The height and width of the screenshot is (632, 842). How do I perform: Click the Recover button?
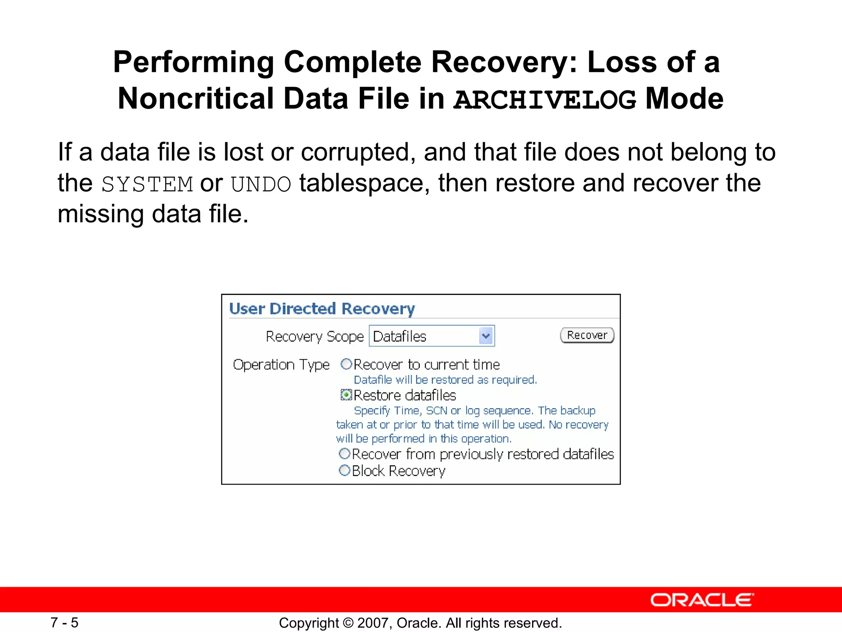(x=587, y=335)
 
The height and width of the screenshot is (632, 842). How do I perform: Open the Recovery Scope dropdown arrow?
(x=486, y=336)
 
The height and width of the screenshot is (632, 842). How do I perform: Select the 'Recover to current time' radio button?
(x=346, y=364)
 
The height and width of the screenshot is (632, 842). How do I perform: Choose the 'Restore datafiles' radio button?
(x=347, y=395)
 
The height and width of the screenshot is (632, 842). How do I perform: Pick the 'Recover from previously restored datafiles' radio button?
(x=345, y=454)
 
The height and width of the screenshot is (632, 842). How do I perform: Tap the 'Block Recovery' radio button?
(x=345, y=470)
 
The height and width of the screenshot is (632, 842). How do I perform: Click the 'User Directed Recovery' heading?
(x=322, y=309)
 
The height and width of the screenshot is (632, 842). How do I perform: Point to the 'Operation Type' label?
(x=281, y=365)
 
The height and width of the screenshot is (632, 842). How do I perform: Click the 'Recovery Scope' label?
(x=315, y=337)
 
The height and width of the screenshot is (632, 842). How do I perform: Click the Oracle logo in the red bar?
(x=702, y=600)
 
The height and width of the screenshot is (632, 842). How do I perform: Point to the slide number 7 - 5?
(x=65, y=623)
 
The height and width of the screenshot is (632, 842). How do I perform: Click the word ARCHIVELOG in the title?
(x=545, y=100)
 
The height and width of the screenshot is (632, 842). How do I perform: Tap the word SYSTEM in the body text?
(x=147, y=184)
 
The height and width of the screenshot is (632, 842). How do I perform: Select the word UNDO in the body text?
(x=261, y=184)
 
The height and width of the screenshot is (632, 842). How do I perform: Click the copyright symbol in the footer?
(x=349, y=623)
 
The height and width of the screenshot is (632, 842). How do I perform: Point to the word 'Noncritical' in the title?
(x=196, y=99)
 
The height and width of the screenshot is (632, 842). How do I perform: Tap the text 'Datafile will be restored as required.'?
(x=445, y=380)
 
